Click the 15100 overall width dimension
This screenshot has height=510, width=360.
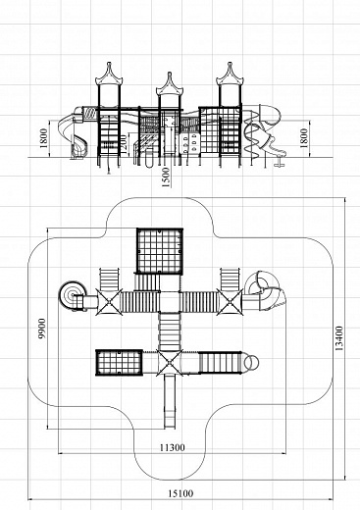(x=180, y=493)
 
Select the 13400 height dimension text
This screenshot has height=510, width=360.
(x=339, y=338)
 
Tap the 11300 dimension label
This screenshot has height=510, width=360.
(x=172, y=447)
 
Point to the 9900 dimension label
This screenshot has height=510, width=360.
(x=42, y=328)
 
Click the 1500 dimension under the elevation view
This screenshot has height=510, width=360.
(x=166, y=178)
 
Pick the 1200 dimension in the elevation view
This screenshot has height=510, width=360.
(x=124, y=144)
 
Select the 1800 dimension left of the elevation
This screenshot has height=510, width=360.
(x=44, y=138)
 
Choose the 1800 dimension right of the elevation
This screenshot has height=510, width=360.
(x=304, y=138)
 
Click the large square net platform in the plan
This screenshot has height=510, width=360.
(x=160, y=251)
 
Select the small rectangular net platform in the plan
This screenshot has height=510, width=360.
(x=119, y=363)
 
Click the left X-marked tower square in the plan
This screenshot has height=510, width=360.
(x=109, y=302)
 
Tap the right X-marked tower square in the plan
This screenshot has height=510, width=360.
(x=231, y=302)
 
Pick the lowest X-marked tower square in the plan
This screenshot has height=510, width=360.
(x=170, y=363)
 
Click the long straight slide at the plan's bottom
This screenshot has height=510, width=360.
(x=170, y=401)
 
